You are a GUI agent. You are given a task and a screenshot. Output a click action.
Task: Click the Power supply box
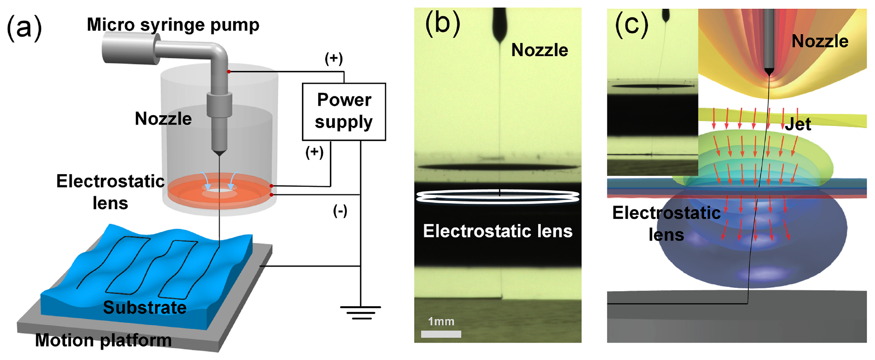pos(344,112)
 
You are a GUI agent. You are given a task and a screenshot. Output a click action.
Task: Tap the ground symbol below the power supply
pos(361,312)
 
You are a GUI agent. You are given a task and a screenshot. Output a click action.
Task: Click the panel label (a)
pos(24,27)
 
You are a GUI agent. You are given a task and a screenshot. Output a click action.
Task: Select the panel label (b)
pos(442,23)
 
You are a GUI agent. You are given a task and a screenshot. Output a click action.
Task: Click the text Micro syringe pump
pos(173,25)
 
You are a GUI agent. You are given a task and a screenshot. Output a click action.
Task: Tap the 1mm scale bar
pos(441,334)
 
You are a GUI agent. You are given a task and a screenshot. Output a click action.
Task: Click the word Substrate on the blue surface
pos(145,308)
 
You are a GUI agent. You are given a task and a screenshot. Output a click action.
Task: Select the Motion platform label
pos(103,340)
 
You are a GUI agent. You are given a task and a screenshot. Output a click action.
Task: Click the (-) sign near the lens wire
pos(340,210)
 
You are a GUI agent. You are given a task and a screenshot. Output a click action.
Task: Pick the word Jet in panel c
pos(798,124)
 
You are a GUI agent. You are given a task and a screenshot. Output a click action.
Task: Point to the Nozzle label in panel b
pos(539,50)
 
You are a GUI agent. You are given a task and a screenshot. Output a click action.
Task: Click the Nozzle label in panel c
pos(820,42)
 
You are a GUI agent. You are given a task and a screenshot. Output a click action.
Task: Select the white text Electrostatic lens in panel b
pos(497,231)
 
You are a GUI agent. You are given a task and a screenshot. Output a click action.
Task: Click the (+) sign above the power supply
pos(334,59)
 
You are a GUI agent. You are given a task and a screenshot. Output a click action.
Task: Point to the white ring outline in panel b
pos(498,197)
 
